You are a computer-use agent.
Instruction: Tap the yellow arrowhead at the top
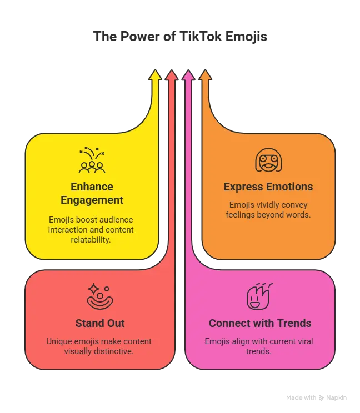coord(155,75)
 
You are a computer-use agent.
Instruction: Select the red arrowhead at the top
coord(171,75)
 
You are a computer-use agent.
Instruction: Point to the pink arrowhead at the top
coord(188,75)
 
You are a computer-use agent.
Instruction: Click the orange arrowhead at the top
coord(205,75)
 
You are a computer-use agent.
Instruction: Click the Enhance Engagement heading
coord(92,193)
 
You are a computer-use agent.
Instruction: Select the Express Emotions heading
coord(268,187)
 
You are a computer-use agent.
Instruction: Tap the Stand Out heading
coord(100,323)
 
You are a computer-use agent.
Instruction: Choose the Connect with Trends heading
coord(260,323)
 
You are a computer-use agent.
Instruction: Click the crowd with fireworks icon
coord(92,160)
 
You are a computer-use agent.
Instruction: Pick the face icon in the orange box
coord(268,160)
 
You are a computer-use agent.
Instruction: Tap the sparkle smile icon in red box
coord(100,296)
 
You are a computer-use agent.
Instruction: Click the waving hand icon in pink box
coord(259,296)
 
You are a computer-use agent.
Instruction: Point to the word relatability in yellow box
coord(91,240)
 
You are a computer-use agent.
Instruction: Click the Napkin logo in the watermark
coord(321,397)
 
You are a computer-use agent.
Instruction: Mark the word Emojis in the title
coord(246,37)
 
